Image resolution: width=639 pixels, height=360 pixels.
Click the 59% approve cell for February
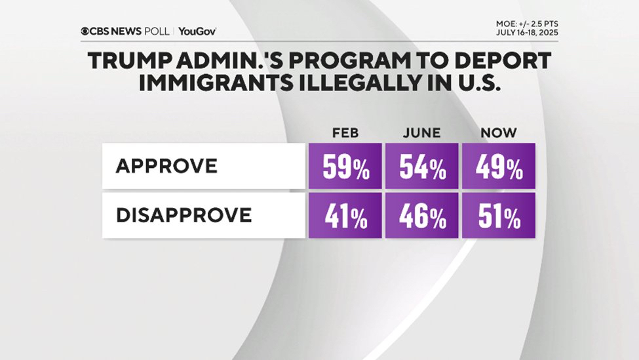coord(345,169)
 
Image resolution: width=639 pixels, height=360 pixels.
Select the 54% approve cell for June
coord(422,169)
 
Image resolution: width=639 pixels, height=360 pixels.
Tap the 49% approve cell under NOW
coord(498,169)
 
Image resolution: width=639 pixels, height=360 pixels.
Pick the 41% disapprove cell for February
coord(345,216)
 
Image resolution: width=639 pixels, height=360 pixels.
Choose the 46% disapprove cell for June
coord(422,216)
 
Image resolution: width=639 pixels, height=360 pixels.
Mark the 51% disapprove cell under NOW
coord(498,216)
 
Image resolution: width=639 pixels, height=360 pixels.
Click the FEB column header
coord(345,133)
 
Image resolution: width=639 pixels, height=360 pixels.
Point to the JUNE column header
coord(422,133)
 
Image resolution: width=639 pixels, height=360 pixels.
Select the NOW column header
coord(498,133)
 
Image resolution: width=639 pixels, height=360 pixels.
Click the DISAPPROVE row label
coord(183,215)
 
